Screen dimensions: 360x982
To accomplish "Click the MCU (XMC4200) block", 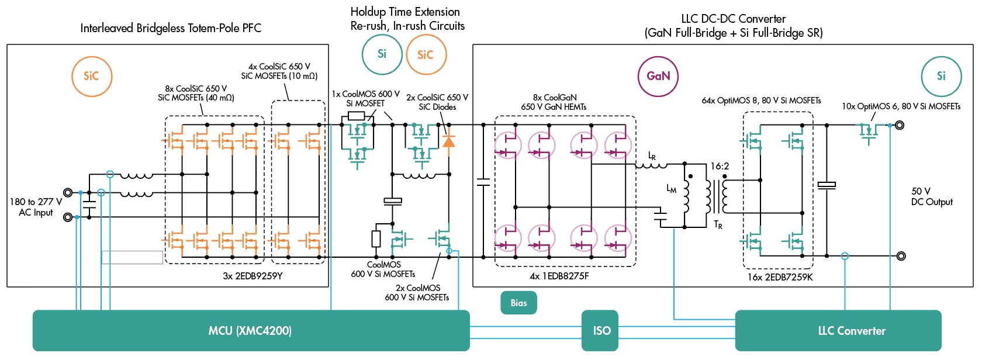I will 251,331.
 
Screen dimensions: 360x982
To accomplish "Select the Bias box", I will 518,303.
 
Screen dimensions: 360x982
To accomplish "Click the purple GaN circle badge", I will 658,76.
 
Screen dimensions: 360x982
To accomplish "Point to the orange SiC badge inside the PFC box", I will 92,76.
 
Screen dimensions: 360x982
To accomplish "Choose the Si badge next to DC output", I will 941,76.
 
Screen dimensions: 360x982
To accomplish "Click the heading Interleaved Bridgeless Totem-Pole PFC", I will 171,28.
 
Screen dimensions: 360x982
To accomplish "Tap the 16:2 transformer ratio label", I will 720,167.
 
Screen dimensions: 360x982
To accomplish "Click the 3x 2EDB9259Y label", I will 253,276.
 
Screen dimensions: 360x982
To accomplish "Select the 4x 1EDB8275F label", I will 559,276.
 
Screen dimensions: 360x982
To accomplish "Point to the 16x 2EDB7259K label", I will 780,277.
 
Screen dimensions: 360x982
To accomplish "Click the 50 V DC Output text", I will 931,196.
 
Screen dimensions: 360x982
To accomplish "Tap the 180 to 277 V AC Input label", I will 36,207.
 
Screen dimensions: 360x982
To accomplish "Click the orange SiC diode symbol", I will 449,141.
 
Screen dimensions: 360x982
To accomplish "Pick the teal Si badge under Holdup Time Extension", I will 382,54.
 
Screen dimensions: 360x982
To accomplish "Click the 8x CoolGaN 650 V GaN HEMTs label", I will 554,102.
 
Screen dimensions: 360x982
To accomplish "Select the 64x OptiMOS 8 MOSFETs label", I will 761,101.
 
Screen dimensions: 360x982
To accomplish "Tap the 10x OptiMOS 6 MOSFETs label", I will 901,106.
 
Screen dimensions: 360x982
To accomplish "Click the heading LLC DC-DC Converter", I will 733,26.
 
